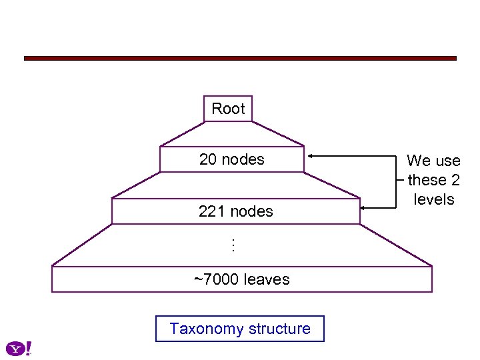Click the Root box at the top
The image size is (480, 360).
coord(228,109)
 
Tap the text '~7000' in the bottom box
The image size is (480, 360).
coord(215,279)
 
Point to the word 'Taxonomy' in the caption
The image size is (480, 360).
coord(207,329)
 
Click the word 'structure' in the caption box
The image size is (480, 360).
coord(279,329)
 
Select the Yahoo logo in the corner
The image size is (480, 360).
coord(19,348)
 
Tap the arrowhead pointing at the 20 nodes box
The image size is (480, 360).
coord(311,157)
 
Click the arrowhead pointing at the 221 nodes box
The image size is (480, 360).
coord(364,207)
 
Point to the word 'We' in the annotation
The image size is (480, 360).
coord(418,161)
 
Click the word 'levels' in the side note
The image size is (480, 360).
coord(433,199)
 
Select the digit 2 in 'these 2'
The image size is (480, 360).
coord(454,180)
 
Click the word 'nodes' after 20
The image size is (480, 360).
coord(243,159)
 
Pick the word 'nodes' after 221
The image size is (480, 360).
coord(251,211)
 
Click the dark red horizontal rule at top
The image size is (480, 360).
coord(240,59)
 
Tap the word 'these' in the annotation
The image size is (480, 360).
coord(427,180)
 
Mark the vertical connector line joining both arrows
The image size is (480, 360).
coord(397,181)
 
